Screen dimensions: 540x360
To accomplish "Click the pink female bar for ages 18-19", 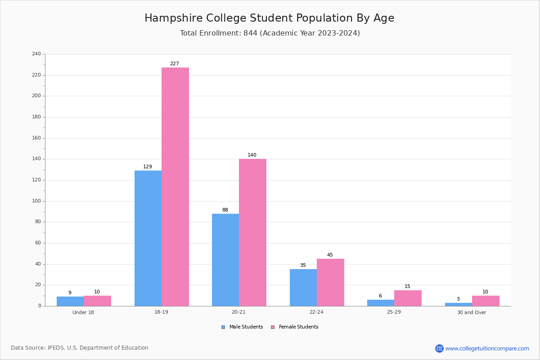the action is (x=175, y=187).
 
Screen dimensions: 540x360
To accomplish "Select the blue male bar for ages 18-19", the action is (x=148, y=238).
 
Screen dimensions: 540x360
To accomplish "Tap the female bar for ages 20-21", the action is (x=252, y=233).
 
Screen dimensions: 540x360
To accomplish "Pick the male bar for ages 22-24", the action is (x=303, y=288).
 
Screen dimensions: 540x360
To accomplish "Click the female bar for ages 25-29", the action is (x=408, y=298).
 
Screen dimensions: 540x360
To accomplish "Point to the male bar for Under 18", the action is (x=70, y=301).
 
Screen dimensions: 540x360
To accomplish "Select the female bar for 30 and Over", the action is (x=486, y=301).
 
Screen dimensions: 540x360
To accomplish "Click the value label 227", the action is (x=175, y=63).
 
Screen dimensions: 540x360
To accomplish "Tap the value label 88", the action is (x=225, y=210).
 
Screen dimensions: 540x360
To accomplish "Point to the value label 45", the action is (x=330, y=255).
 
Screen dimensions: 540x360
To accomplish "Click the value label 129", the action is (x=148, y=166).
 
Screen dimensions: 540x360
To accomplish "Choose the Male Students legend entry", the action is (x=242, y=327).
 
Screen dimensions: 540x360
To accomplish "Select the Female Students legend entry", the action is (x=295, y=327).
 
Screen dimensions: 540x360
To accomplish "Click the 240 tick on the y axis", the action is (x=36, y=54).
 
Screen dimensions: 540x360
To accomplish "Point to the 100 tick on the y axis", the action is (x=36, y=201).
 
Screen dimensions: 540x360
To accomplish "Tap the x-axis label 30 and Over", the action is (x=472, y=312).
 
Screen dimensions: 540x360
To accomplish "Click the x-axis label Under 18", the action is (x=83, y=312).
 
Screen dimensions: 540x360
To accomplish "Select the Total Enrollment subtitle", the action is (x=270, y=33).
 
